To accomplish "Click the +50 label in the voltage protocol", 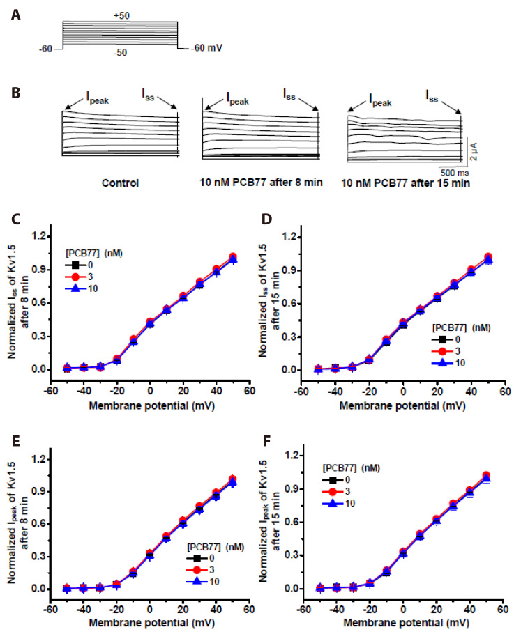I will (x=120, y=15).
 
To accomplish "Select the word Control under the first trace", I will (x=121, y=184).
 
